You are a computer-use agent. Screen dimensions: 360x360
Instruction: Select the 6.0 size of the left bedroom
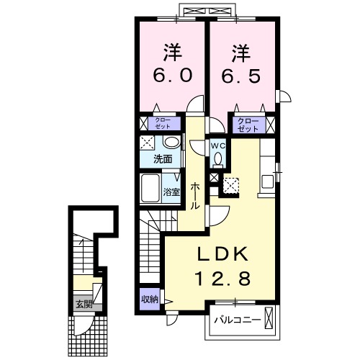click(171, 76)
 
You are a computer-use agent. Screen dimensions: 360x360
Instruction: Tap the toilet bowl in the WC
click(217, 159)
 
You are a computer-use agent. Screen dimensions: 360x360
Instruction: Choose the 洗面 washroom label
click(161, 159)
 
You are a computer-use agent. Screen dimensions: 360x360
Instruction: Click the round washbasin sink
click(171, 142)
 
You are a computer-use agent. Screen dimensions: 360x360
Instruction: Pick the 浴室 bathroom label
click(171, 192)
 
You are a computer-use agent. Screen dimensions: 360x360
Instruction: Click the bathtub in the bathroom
click(150, 189)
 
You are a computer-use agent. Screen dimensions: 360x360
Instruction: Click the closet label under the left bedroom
click(163, 123)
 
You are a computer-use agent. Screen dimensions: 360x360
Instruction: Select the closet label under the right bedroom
click(248, 123)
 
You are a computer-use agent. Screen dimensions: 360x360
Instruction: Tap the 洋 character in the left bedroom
click(171, 52)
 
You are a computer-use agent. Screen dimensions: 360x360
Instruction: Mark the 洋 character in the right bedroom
click(240, 52)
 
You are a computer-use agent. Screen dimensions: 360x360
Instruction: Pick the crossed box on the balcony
click(269, 318)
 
